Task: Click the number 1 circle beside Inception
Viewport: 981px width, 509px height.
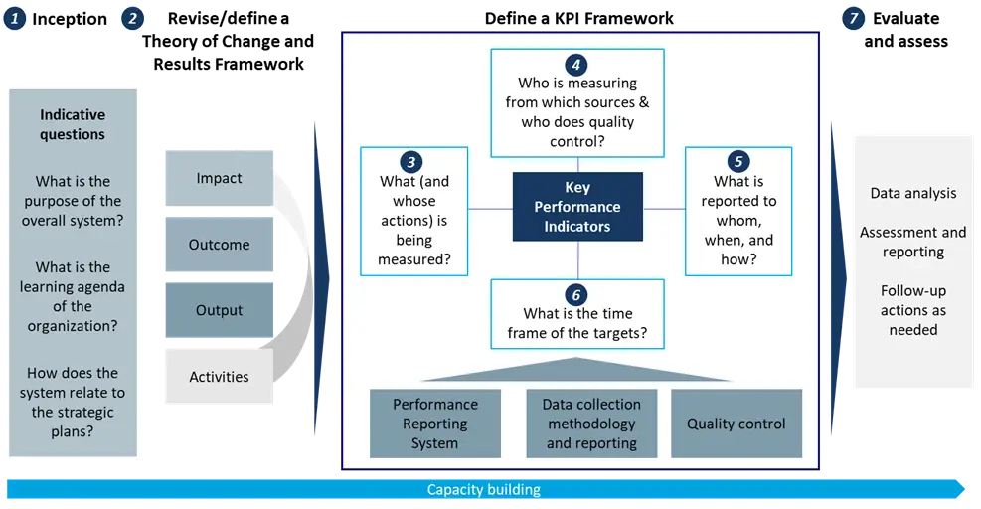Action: (14, 19)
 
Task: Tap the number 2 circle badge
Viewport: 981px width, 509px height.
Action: (132, 19)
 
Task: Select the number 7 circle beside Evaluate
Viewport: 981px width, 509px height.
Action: (853, 19)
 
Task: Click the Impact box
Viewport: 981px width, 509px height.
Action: (219, 178)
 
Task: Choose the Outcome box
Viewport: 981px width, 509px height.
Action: (219, 245)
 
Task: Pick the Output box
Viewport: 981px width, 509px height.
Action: (219, 310)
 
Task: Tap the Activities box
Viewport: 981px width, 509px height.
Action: (219, 376)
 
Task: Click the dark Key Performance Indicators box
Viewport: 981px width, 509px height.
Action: (577, 207)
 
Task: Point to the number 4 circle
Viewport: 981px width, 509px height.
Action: (576, 65)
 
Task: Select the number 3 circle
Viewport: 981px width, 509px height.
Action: (411, 162)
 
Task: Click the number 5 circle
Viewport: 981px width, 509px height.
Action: (738, 161)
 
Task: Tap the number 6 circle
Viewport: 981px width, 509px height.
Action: (576, 295)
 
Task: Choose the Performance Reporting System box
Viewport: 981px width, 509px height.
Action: (434, 424)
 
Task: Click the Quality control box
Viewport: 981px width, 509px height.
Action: (736, 424)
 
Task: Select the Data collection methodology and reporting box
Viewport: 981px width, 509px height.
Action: (591, 424)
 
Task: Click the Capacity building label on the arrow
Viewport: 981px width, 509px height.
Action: (484, 489)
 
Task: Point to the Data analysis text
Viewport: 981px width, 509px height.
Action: (912, 194)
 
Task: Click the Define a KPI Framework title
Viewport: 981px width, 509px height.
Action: (579, 18)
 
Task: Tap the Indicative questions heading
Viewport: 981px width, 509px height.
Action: (73, 124)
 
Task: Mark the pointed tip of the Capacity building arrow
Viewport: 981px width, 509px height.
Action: (965, 489)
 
